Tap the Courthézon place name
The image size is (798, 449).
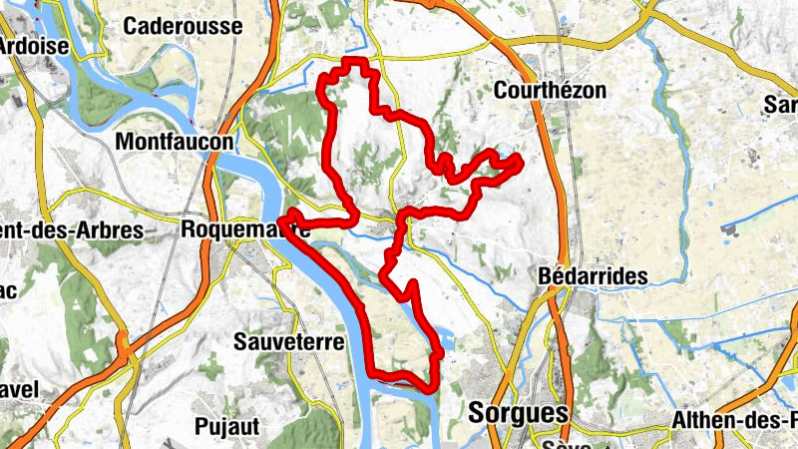(550, 90)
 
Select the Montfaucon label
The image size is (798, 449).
(174, 143)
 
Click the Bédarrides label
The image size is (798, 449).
(593, 275)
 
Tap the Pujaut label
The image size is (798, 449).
(227, 426)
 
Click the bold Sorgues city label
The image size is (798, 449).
(519, 413)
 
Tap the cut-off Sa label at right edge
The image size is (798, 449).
(780, 105)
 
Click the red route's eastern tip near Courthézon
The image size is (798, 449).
(518, 160)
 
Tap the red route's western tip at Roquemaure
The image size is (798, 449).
(283, 218)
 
